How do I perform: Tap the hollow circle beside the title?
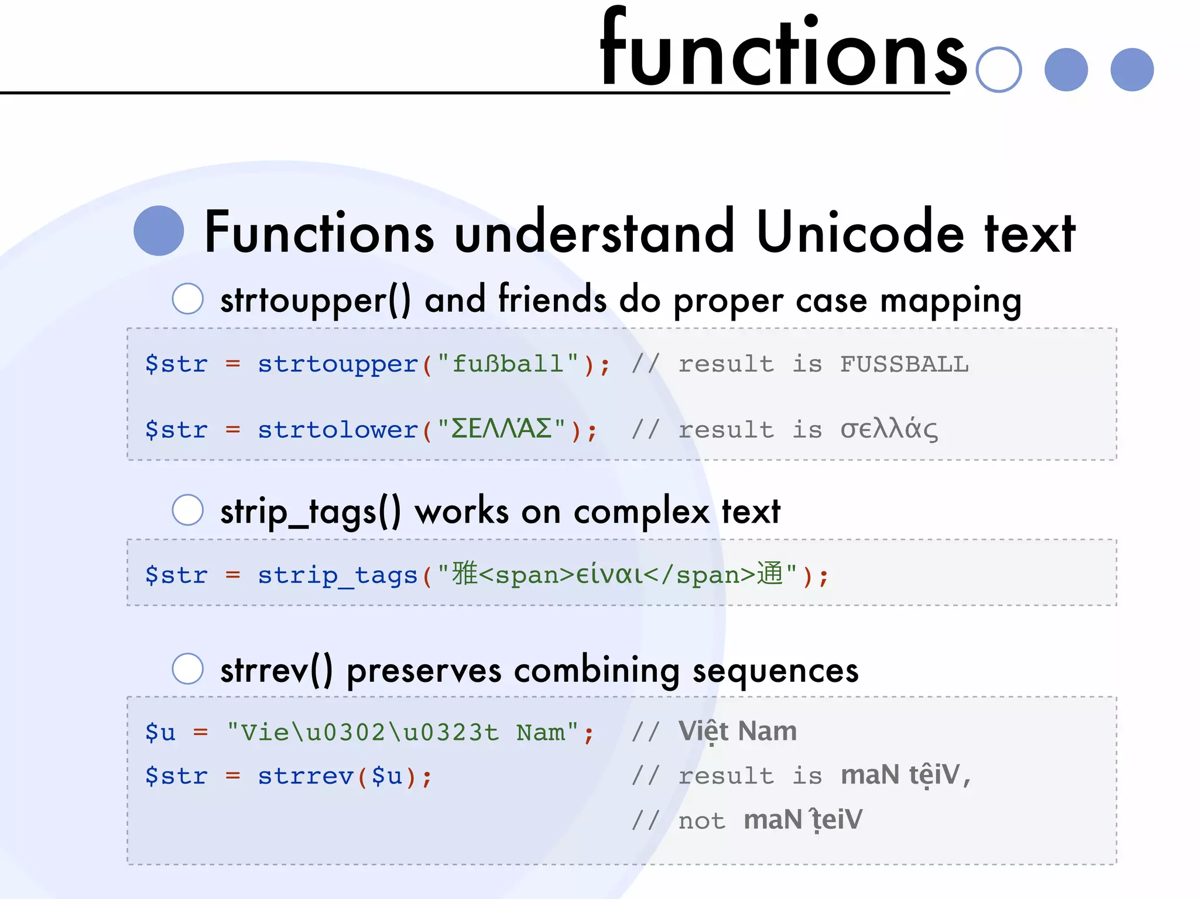click(999, 70)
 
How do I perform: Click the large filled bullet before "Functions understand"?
click(159, 231)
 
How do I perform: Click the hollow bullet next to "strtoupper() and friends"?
click(188, 298)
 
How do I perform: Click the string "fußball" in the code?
click(508, 364)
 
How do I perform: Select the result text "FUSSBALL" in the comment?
click(905, 364)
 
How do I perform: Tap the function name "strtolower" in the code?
click(338, 430)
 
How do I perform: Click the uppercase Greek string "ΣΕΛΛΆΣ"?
click(502, 429)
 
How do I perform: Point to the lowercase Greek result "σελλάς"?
click(889, 429)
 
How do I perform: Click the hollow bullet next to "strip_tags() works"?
click(188, 510)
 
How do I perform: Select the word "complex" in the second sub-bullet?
click(642, 512)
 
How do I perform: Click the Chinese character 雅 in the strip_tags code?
click(465, 574)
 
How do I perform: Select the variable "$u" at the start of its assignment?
click(160, 732)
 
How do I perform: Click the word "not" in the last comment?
click(701, 821)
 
